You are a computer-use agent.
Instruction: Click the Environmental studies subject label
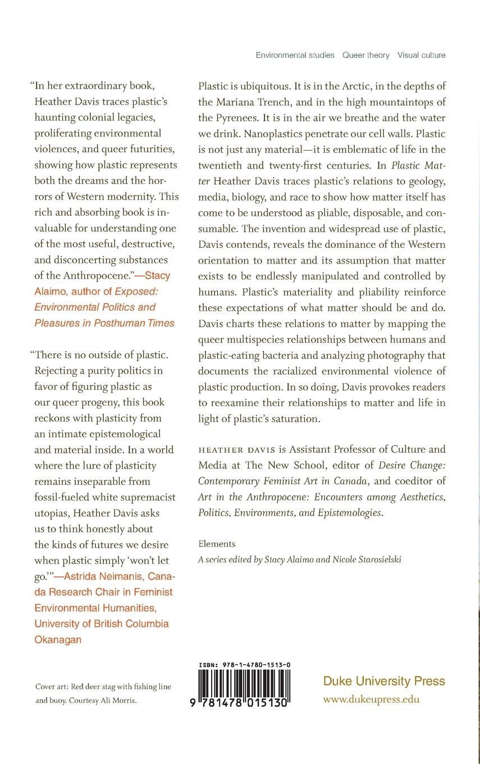(x=295, y=55)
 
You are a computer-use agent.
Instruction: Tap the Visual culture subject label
(x=421, y=55)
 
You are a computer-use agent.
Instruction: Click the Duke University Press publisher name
(x=384, y=681)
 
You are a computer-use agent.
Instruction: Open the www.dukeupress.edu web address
(x=371, y=699)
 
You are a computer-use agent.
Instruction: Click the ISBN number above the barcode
(x=244, y=665)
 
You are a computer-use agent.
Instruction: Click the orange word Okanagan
(x=58, y=639)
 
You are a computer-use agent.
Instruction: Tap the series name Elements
(x=217, y=544)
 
